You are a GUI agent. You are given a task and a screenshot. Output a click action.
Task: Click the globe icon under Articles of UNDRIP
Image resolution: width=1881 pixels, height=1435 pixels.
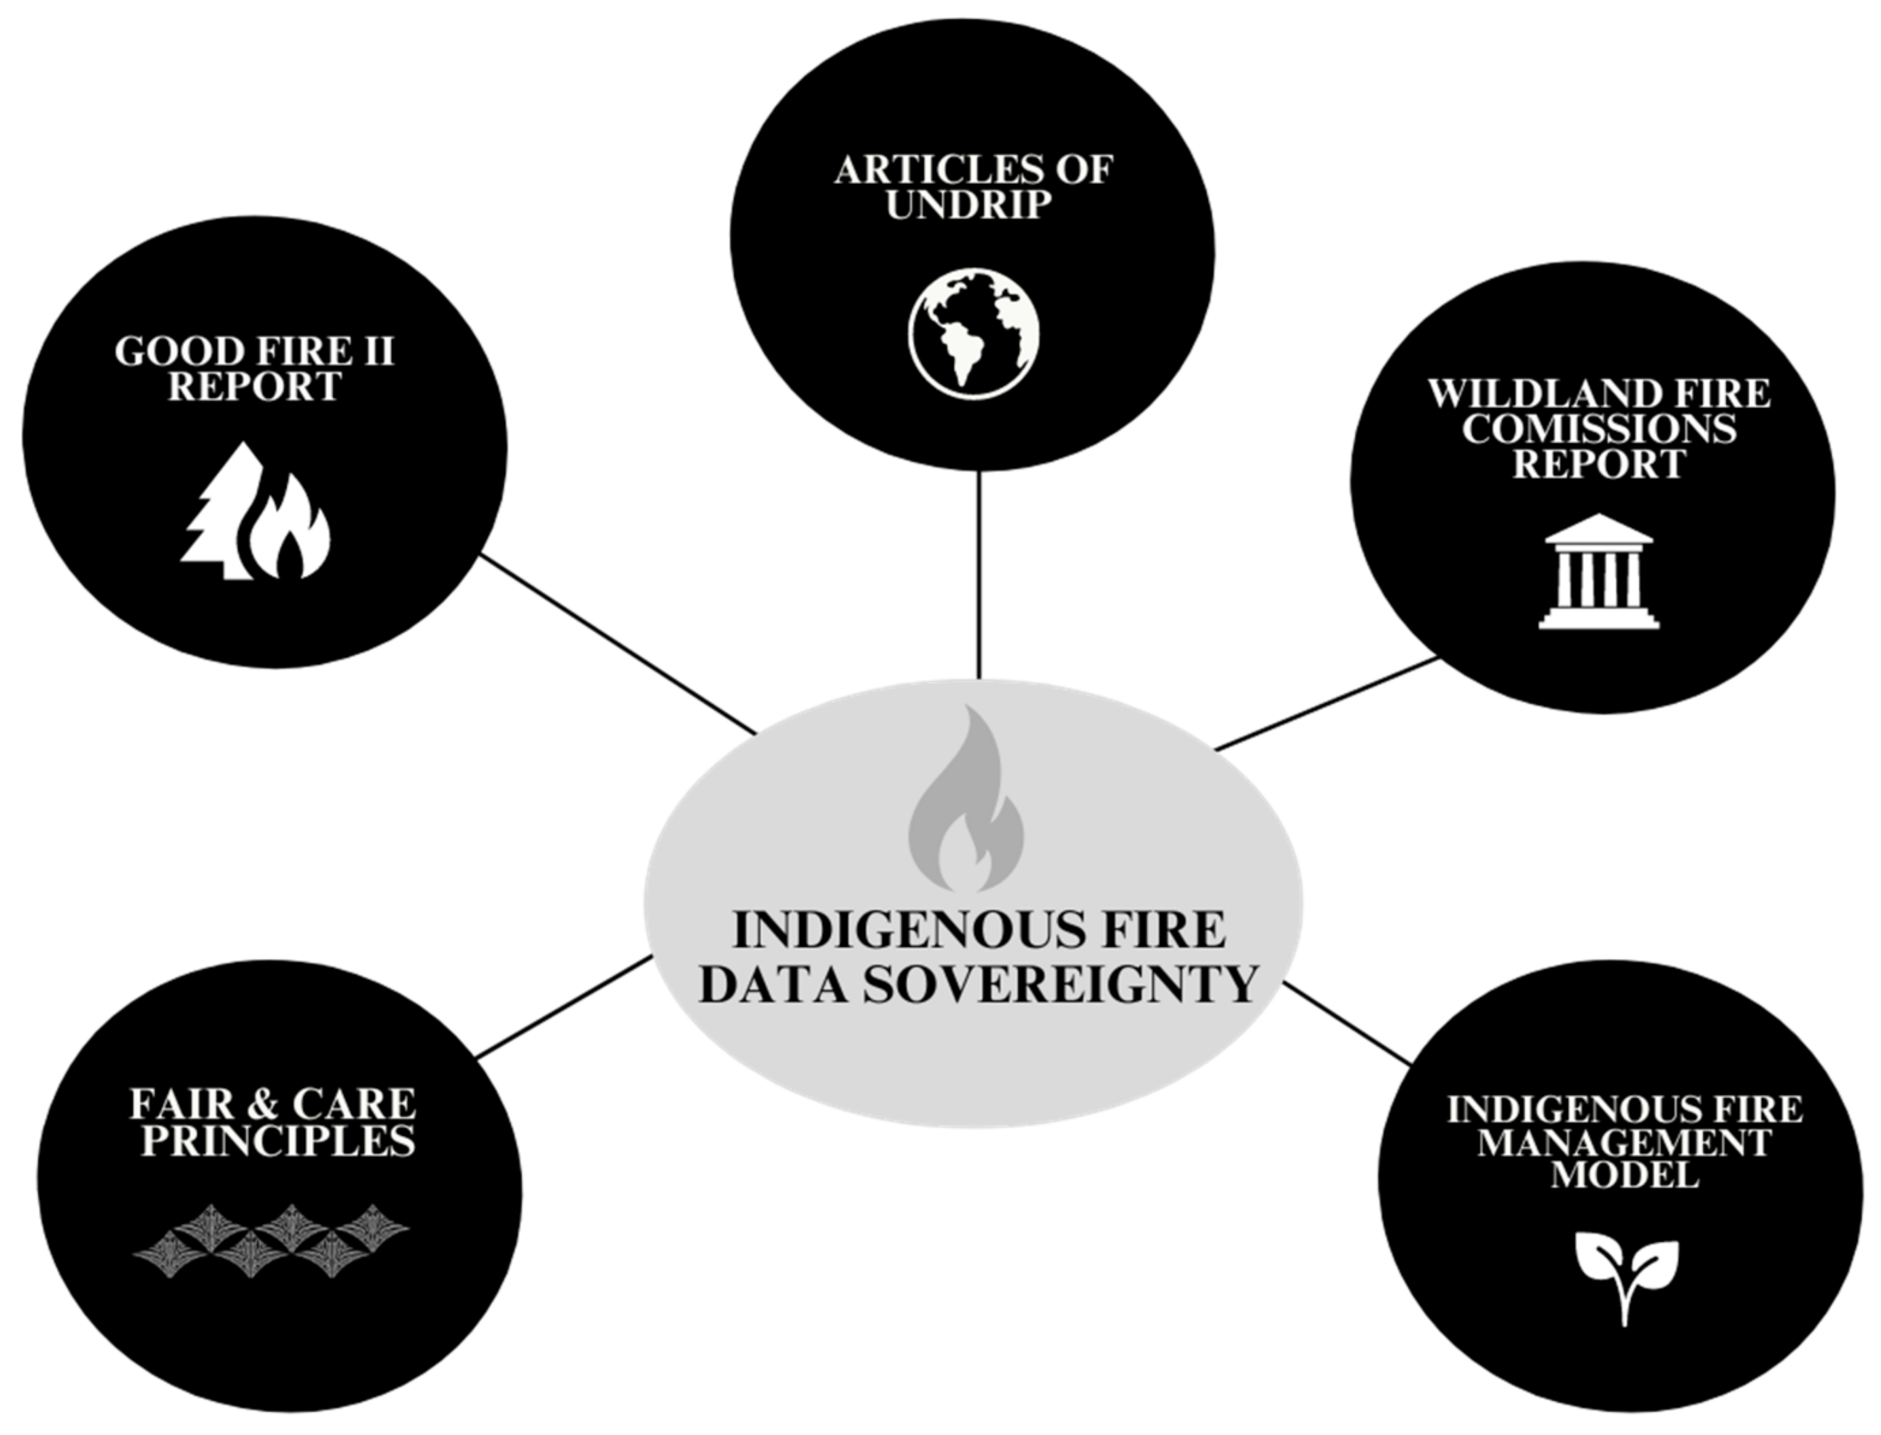tap(974, 333)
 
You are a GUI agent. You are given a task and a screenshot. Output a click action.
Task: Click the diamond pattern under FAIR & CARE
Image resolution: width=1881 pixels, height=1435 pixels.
tap(272, 1240)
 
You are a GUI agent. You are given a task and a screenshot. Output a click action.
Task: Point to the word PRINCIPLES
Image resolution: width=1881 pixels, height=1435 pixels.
tap(279, 1141)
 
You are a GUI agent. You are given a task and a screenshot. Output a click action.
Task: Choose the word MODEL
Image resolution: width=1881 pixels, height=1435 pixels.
tap(1624, 1175)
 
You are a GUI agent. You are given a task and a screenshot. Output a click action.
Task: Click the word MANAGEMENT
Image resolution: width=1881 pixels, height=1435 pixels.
tap(1624, 1142)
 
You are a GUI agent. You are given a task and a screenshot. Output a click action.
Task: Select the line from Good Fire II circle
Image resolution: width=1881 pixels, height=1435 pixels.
tap(618, 644)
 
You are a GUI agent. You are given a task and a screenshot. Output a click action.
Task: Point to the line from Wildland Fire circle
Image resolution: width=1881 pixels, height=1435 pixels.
tap(1329, 704)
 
